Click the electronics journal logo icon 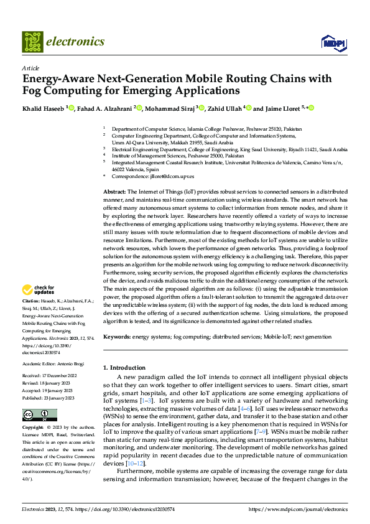point(32,42)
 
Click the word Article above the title point(30,68)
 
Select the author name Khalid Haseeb point(44,108)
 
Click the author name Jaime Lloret point(280,108)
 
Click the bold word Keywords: point(117,337)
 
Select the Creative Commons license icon point(40,415)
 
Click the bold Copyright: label point(34,428)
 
